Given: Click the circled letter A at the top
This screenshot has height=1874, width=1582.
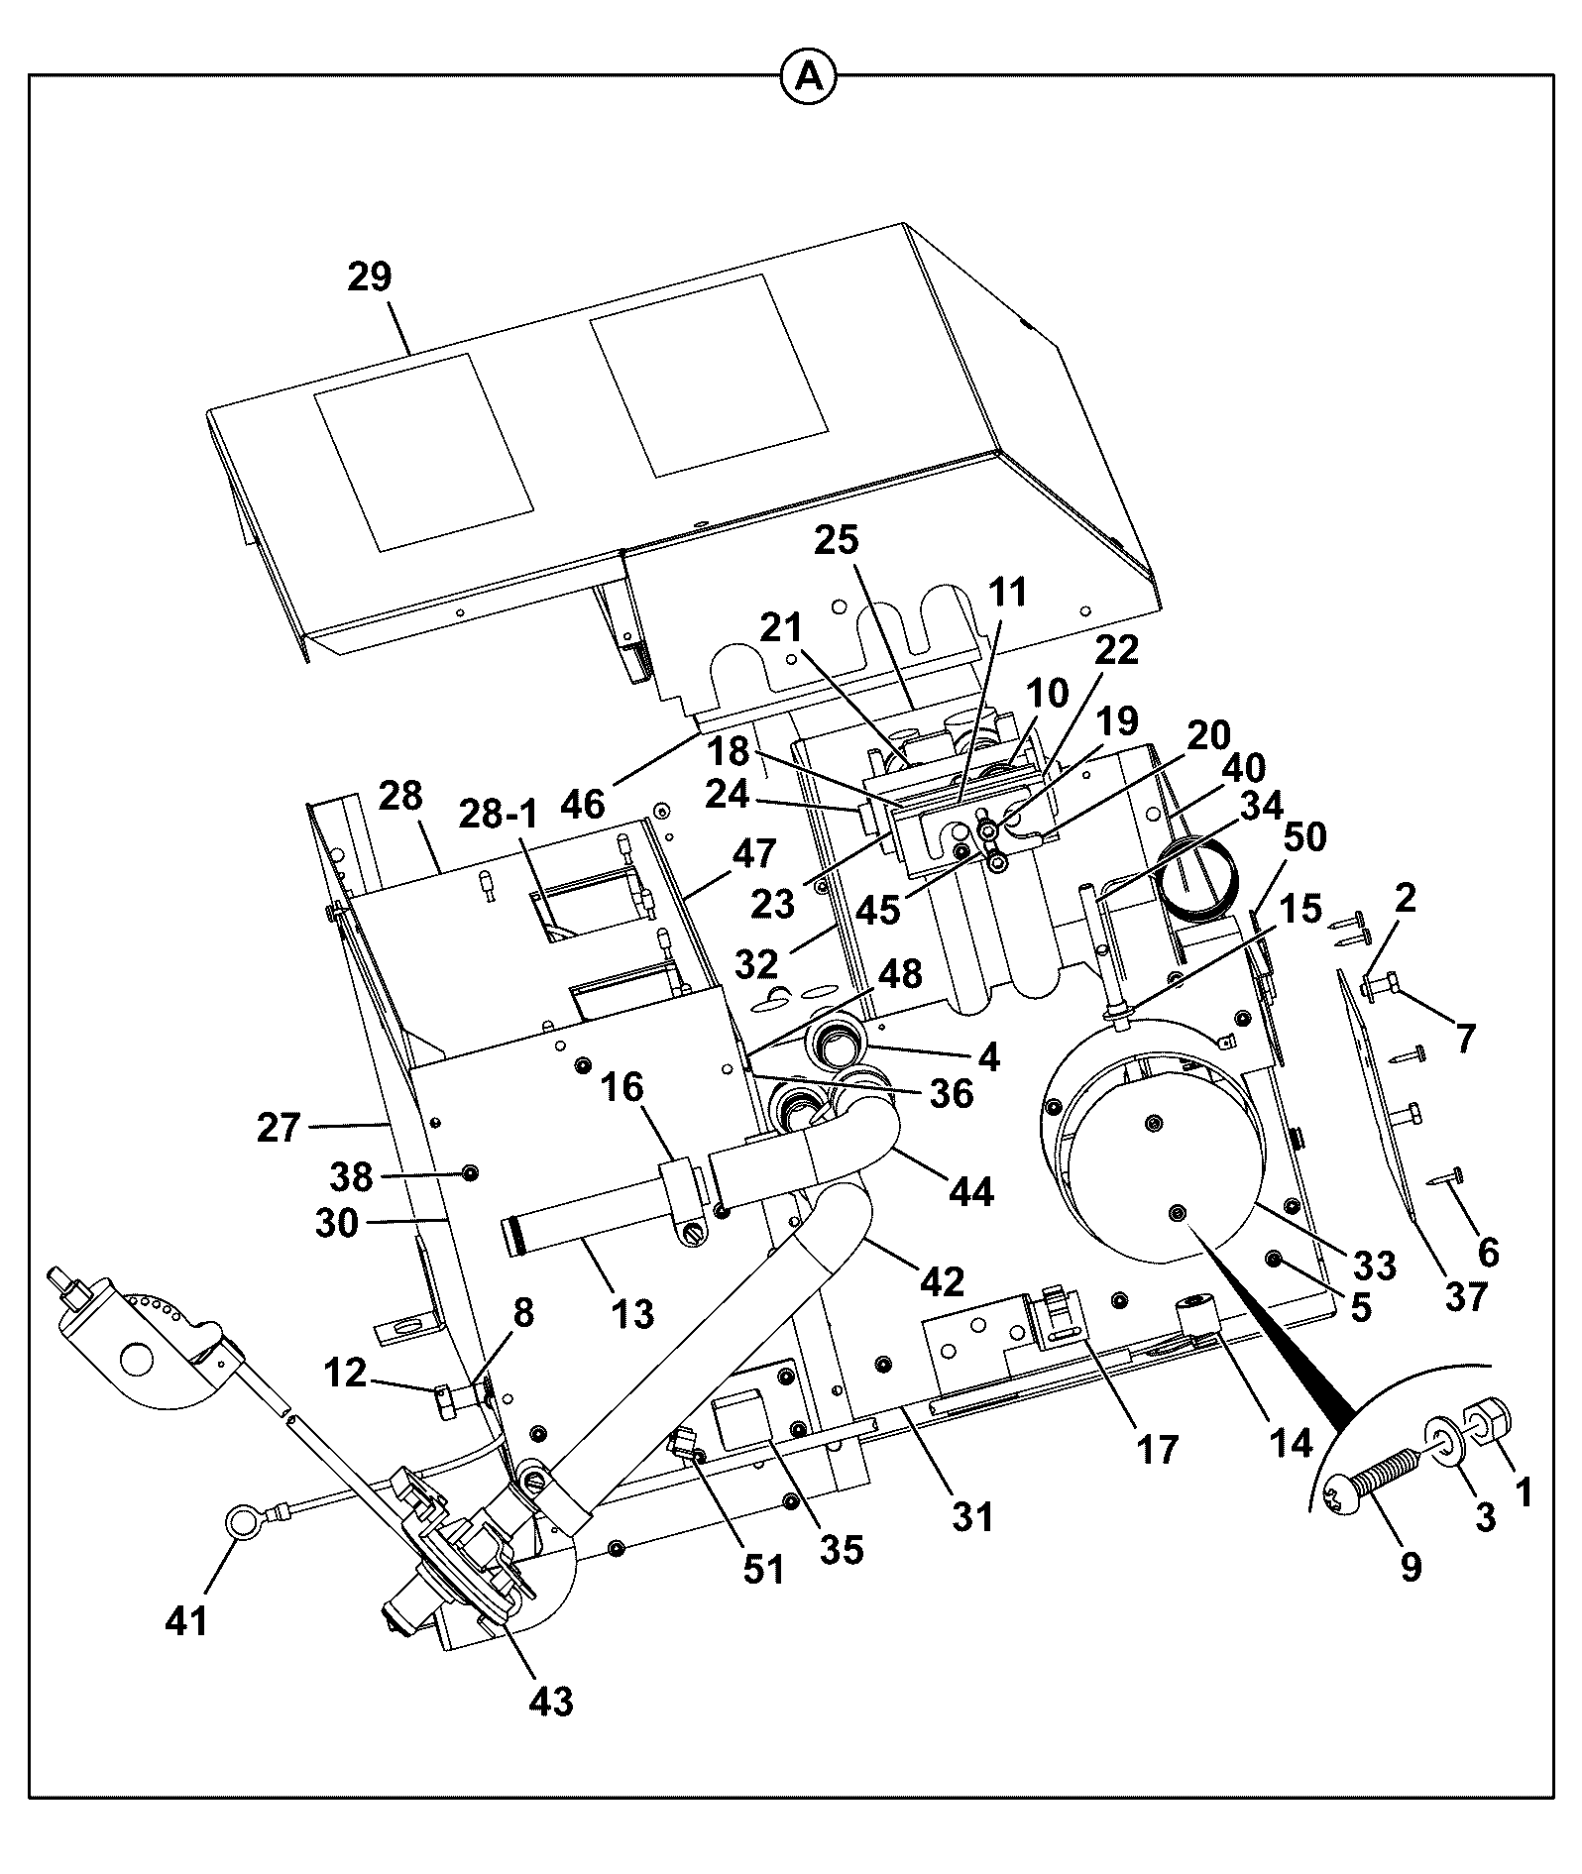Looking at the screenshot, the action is pyautogui.click(x=810, y=75).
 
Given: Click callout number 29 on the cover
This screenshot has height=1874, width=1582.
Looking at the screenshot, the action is pyautogui.click(x=370, y=276).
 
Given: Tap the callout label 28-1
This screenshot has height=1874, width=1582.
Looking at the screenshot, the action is pyautogui.click(x=498, y=815).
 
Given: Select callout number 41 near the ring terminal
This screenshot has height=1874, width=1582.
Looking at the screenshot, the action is pyautogui.click(x=187, y=1621).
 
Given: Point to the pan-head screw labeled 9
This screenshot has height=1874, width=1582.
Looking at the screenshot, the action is pyautogui.click(x=1370, y=1484).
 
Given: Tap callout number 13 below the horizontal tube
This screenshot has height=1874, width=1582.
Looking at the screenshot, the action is pyautogui.click(x=632, y=1314).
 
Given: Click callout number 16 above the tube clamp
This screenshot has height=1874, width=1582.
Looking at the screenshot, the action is pyautogui.click(x=624, y=1087).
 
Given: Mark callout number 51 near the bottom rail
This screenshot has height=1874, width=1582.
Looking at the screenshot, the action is pyautogui.click(x=763, y=1569).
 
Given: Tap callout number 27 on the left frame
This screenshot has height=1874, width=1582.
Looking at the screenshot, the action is pyautogui.click(x=278, y=1127).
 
